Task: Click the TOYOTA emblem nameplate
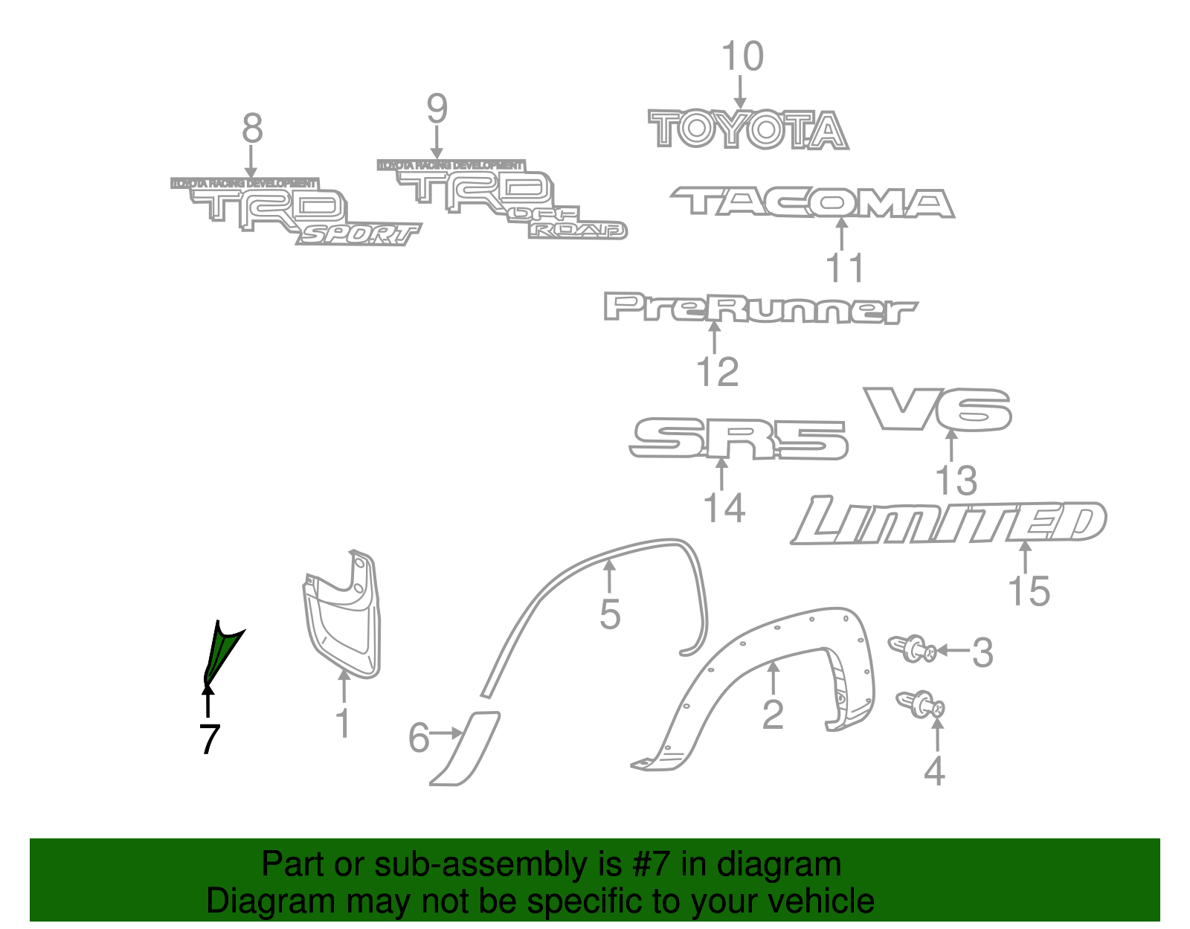pyautogui.click(x=747, y=130)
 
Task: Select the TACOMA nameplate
pyautogui.click(x=812, y=202)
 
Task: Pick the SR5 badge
pyautogui.click(x=738, y=439)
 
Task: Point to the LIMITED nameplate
pyautogui.click(x=948, y=522)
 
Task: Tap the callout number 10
pyautogui.click(x=742, y=57)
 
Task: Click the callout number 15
pyautogui.click(x=1029, y=592)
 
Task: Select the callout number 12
pyautogui.click(x=718, y=373)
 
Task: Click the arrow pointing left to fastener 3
pyautogui.click(x=952, y=650)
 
